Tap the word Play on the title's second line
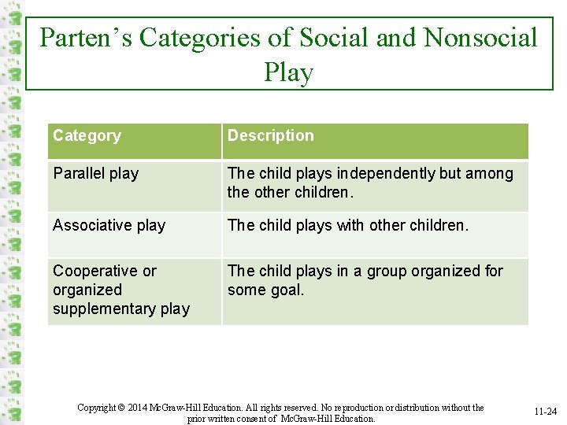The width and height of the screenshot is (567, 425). [289, 72]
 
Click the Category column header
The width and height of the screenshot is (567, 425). [87, 135]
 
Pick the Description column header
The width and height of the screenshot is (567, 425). [270, 135]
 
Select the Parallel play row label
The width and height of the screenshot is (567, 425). [95, 173]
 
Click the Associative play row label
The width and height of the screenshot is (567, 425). [109, 226]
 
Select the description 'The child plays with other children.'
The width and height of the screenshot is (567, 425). [347, 226]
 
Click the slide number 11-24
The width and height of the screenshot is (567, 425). [546, 412]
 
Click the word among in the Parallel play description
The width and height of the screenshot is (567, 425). [490, 173]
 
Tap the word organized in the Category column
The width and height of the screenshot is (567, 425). [87, 290]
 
